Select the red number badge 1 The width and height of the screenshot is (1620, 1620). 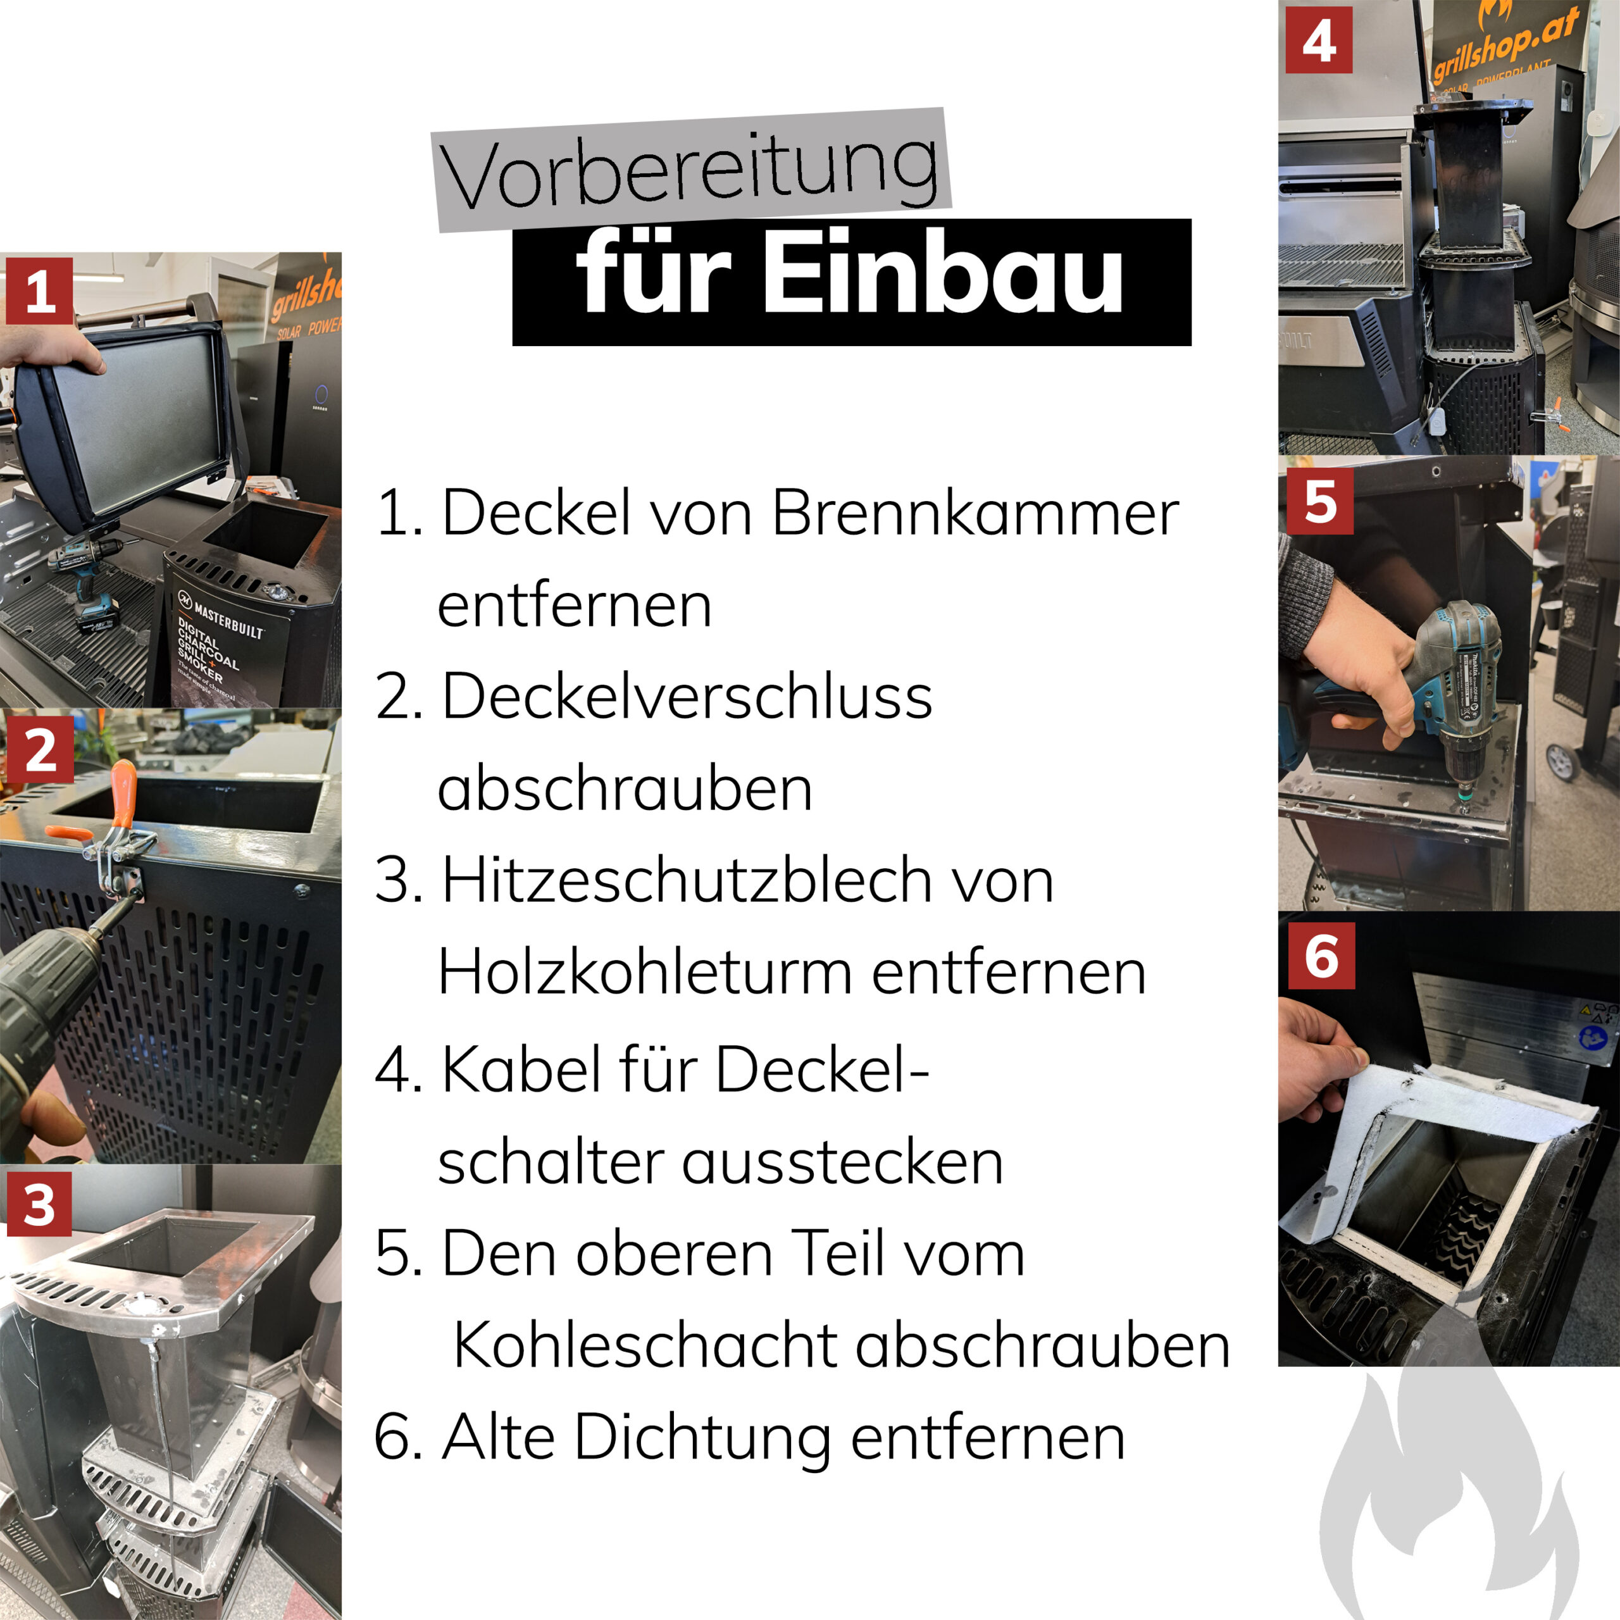39,291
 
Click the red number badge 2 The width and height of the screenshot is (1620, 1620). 39,749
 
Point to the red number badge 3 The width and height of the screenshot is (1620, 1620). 39,1205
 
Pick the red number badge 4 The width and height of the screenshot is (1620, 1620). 1318,40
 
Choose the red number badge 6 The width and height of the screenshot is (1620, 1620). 1321,956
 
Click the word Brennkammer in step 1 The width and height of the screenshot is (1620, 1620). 975,513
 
